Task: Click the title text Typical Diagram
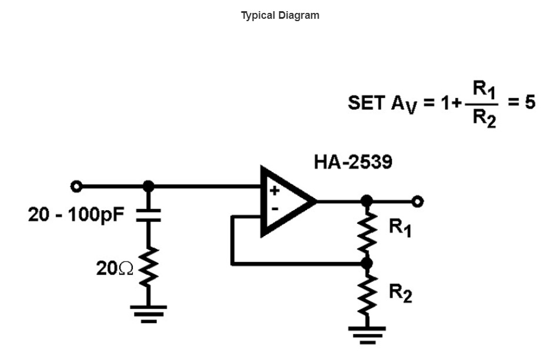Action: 280,16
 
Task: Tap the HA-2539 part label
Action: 353,163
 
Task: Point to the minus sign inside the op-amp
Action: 274,208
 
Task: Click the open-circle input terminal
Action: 75,186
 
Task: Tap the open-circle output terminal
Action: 417,201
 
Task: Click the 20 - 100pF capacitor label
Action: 76,215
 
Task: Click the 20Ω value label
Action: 115,268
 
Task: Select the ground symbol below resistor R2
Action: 367,333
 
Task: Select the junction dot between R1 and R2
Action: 367,264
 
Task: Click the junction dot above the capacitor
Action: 148,186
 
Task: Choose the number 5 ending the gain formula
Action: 530,103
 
